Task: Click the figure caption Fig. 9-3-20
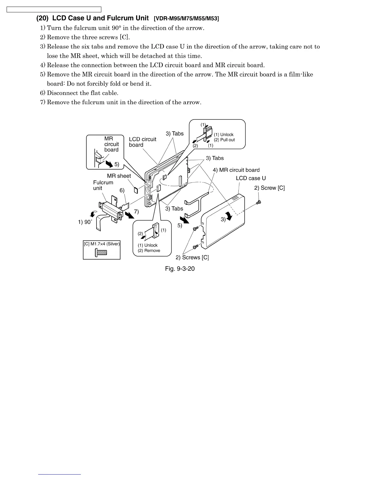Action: (180, 269)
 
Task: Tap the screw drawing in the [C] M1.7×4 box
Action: (101, 252)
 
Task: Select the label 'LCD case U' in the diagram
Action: (251, 178)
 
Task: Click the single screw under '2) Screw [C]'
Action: (258, 203)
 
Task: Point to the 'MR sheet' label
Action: (119, 176)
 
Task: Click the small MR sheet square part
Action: (136, 190)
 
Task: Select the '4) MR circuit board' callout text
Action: (236, 170)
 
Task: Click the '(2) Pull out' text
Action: (224, 140)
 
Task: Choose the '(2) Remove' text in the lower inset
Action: (149, 251)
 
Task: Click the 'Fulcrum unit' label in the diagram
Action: (103, 185)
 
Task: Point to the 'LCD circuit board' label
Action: (143, 142)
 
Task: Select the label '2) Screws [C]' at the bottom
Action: (192, 257)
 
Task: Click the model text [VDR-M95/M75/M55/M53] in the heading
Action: (186, 19)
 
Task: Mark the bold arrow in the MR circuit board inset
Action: (107, 163)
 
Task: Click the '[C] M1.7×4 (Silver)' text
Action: (102, 244)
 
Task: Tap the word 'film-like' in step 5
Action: (301, 74)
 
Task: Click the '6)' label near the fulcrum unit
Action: (122, 190)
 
